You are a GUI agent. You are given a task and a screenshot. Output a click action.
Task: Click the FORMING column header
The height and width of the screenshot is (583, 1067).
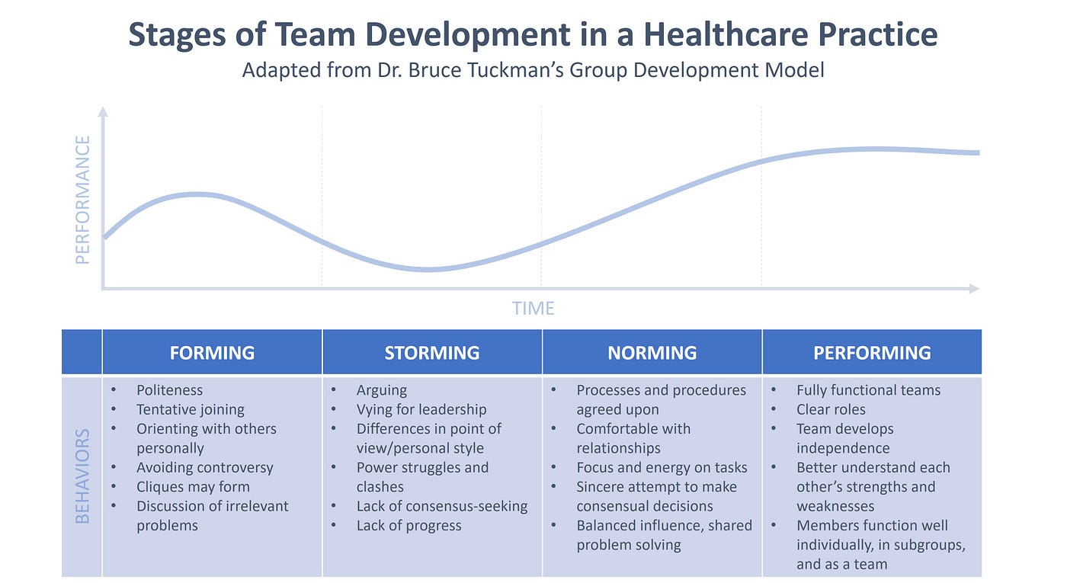[x=212, y=353]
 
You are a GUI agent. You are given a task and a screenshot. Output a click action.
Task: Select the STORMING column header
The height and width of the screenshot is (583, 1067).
[x=431, y=353]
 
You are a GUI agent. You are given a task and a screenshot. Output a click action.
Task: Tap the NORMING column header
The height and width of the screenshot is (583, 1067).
[x=652, y=353]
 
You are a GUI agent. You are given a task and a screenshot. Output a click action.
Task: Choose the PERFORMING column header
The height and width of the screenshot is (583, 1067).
[x=872, y=353]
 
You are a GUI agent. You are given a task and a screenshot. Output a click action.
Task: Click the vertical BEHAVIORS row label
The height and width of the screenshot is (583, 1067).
[x=82, y=476]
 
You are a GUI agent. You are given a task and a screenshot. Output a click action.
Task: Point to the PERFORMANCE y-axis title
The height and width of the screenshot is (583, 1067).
[x=83, y=200]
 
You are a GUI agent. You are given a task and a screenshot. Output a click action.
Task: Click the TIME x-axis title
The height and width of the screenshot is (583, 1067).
[x=533, y=309]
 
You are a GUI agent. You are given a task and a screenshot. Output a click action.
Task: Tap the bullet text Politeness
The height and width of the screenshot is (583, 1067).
[x=170, y=390]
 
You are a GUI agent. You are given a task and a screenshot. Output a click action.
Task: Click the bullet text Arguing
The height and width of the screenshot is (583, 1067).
[x=381, y=390]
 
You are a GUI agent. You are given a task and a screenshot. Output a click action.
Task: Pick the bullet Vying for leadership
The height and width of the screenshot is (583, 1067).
[x=421, y=409]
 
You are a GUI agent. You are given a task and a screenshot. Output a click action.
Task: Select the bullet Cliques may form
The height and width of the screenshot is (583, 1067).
[x=193, y=487]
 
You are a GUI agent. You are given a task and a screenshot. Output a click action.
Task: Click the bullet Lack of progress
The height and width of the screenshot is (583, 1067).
[x=409, y=526]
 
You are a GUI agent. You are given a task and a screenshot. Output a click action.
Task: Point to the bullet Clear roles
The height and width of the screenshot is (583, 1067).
[x=831, y=409]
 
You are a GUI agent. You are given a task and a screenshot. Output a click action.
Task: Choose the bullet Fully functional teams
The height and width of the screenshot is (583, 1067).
[x=868, y=390]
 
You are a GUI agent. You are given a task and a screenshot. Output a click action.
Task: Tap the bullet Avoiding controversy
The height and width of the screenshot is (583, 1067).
[x=204, y=468]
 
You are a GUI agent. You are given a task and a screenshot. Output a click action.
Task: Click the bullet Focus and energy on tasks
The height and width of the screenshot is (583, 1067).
[x=662, y=468]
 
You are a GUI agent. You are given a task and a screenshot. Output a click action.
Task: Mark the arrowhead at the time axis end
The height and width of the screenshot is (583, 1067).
[x=973, y=288]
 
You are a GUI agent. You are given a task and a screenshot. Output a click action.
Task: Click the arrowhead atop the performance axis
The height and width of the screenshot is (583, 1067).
[x=103, y=112]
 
